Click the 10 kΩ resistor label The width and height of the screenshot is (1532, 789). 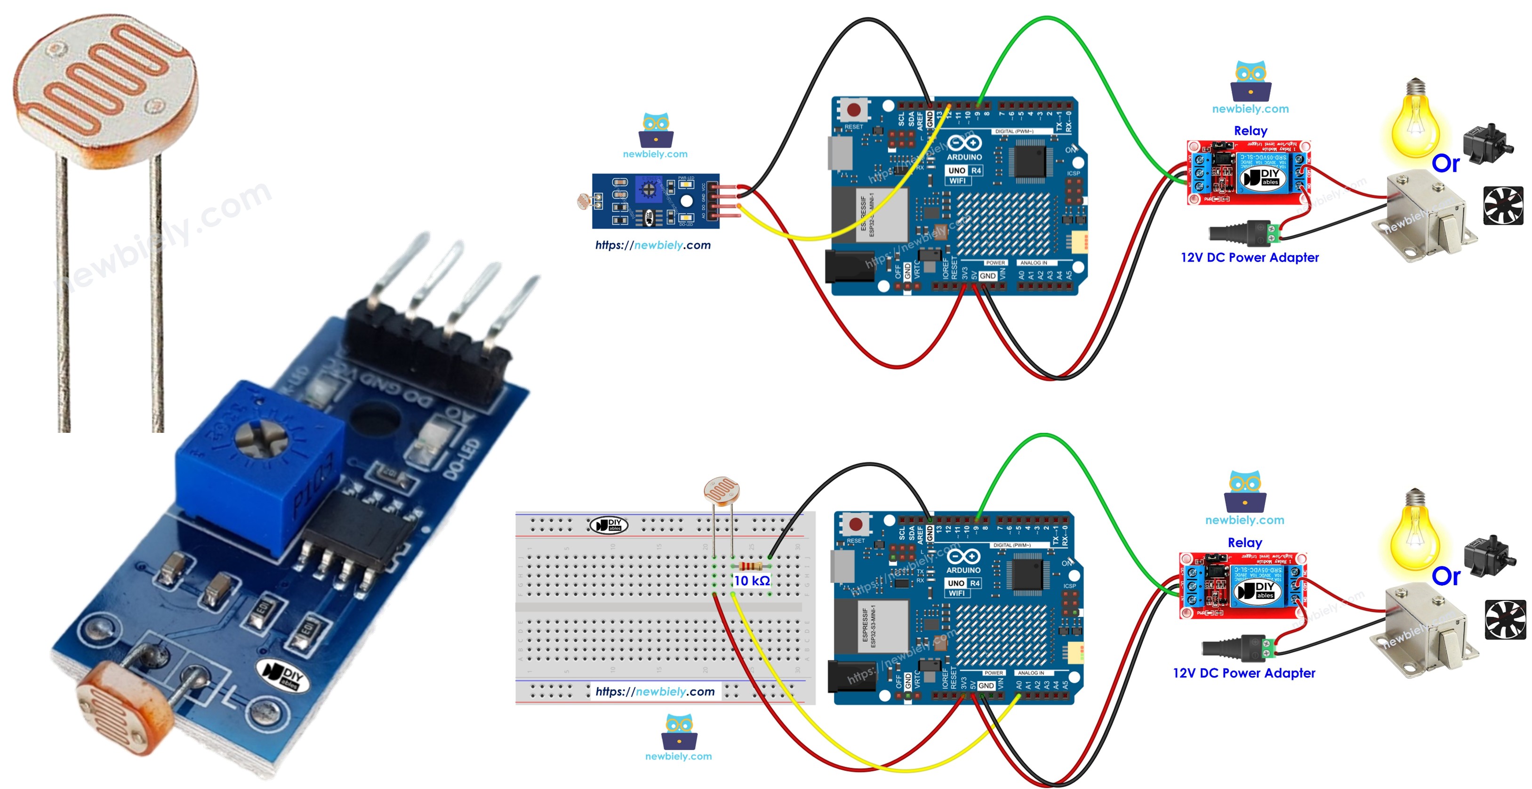point(752,581)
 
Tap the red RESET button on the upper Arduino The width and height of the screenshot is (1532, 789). point(854,110)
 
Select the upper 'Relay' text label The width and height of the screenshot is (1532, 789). point(1250,131)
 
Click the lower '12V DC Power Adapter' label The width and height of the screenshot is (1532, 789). point(1243,673)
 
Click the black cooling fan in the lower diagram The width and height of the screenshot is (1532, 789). point(1505,620)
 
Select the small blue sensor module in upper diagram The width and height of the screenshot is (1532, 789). point(655,201)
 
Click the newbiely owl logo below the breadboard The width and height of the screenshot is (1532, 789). point(679,733)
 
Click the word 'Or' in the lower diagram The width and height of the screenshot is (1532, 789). point(1445,576)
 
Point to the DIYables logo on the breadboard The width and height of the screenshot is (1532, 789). point(608,525)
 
